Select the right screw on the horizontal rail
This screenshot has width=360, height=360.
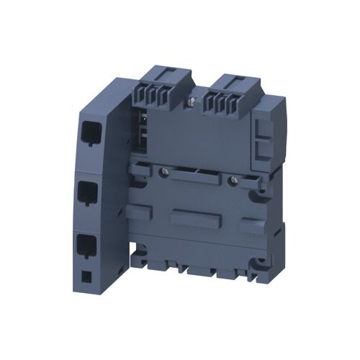click(230, 177)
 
